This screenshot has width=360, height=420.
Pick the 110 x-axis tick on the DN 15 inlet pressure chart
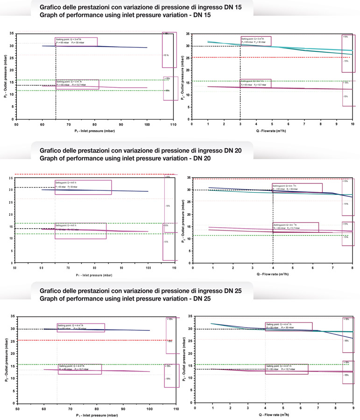pyautogui.click(x=174, y=125)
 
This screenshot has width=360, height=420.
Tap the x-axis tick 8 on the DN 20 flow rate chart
pyautogui.click(x=352, y=268)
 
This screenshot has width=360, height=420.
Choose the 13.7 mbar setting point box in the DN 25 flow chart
pyautogui.click(x=286, y=369)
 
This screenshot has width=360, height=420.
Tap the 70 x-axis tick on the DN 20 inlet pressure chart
pyautogui.click(x=68, y=268)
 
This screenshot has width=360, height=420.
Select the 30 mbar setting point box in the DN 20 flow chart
pyautogui.click(x=292, y=188)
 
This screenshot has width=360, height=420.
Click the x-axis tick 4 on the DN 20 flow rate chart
pyautogui.click(x=272, y=268)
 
